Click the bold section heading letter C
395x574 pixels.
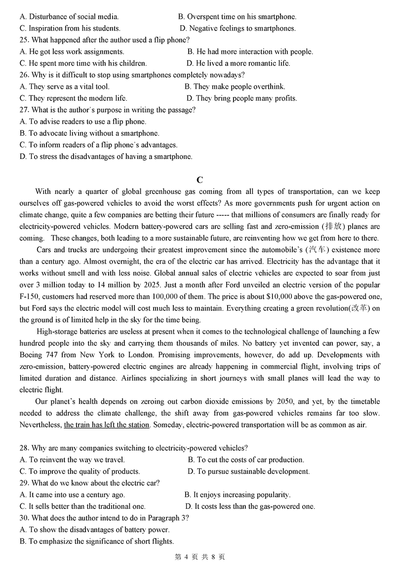click(x=199, y=180)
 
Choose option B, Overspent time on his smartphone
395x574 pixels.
click(x=237, y=17)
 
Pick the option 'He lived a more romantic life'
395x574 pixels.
click(x=238, y=63)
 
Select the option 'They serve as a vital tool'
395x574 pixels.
click(x=64, y=86)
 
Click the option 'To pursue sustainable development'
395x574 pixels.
click(x=249, y=471)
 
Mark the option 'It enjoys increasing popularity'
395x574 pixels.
click(x=237, y=495)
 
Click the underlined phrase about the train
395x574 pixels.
click(x=107, y=424)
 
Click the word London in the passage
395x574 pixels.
click(x=149, y=354)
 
